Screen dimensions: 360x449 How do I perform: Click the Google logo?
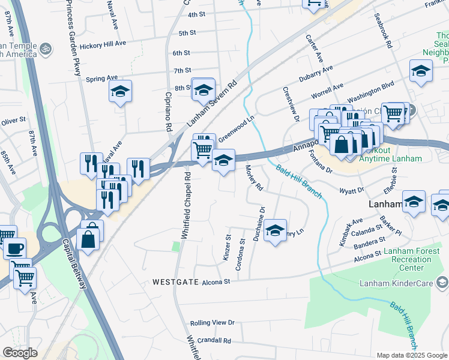click(x=20, y=353)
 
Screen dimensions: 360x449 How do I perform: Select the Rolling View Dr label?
click(x=212, y=323)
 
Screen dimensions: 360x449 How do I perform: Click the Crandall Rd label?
click(x=211, y=340)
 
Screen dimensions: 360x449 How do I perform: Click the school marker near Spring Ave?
click(x=120, y=91)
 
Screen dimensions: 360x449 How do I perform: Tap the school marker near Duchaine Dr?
click(x=275, y=229)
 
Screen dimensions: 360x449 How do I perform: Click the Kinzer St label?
click(x=227, y=248)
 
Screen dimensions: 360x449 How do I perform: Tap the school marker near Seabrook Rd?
click(x=421, y=71)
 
